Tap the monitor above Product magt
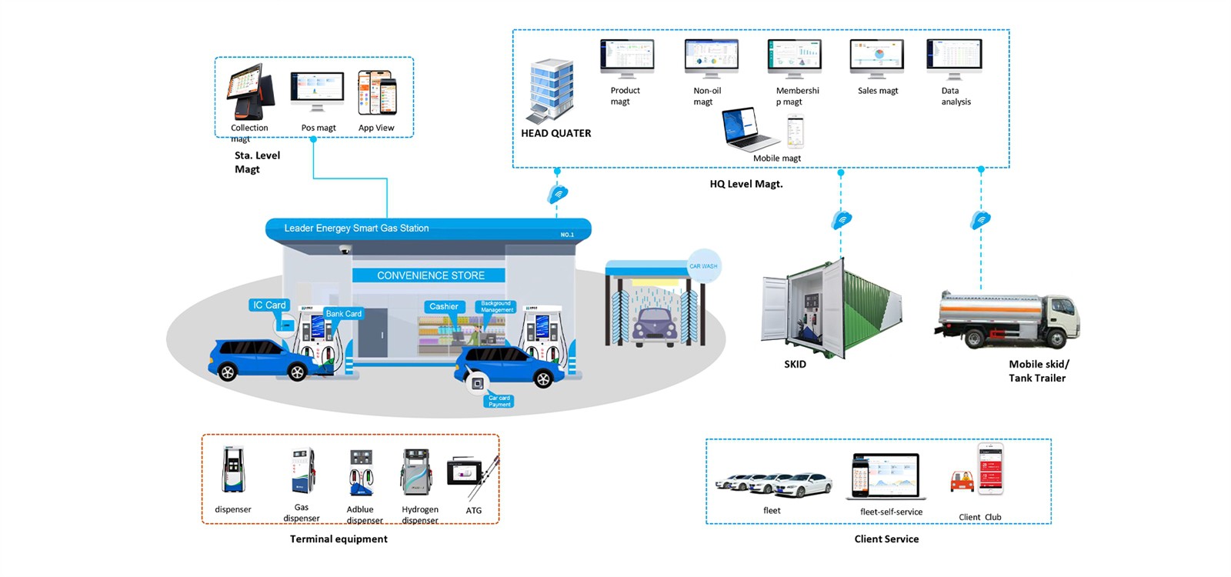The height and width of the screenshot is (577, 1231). tap(627, 58)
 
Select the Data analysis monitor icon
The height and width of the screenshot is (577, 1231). tap(954, 58)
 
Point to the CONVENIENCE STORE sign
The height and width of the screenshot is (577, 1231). tap(430, 275)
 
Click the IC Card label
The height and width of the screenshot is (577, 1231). tap(269, 305)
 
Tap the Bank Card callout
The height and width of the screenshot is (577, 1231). tap(343, 314)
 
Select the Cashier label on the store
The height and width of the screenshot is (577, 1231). tap(443, 306)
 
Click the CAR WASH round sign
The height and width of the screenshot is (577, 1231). tap(703, 266)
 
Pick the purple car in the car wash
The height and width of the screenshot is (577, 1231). tap(655, 327)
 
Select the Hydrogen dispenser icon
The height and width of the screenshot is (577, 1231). tap(416, 472)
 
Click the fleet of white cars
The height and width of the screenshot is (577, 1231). tap(773, 483)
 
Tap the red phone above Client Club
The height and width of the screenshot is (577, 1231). tap(990, 469)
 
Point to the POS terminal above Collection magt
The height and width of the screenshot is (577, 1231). tap(250, 92)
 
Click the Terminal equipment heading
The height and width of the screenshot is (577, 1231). tap(339, 539)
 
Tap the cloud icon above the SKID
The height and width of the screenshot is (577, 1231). tap(842, 221)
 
